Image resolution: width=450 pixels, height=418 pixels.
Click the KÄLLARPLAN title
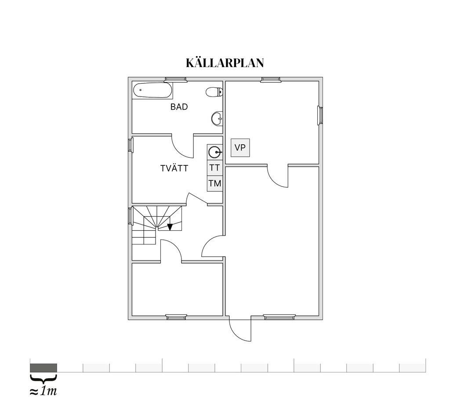[225, 63]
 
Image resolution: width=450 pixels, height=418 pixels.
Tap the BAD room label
[179, 107]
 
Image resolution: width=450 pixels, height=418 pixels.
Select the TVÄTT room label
[174, 168]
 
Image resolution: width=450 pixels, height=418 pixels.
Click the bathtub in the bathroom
[153, 90]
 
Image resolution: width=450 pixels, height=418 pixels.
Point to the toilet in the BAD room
[214, 92]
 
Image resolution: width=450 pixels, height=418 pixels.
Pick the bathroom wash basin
[217, 118]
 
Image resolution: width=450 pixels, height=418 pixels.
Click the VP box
[240, 148]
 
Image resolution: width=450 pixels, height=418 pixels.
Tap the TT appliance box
[214, 168]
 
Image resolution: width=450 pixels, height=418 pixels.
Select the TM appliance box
[214, 183]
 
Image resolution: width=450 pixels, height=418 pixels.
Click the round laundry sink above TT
[214, 152]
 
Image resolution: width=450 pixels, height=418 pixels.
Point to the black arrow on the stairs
[170, 227]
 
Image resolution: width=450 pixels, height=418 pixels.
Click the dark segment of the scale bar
[44, 368]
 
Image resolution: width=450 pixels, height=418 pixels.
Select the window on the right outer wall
[320, 115]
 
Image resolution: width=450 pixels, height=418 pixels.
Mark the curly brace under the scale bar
[44, 378]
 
